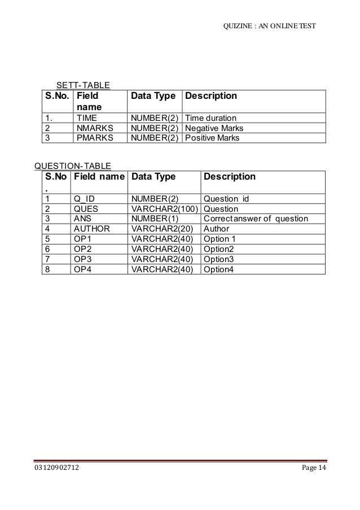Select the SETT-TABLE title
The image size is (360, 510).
click(82, 85)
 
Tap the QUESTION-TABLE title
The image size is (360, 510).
click(73, 165)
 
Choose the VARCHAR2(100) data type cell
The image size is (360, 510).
click(164, 208)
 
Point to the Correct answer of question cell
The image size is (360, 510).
click(256, 218)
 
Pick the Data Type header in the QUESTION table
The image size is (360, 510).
click(153, 177)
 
